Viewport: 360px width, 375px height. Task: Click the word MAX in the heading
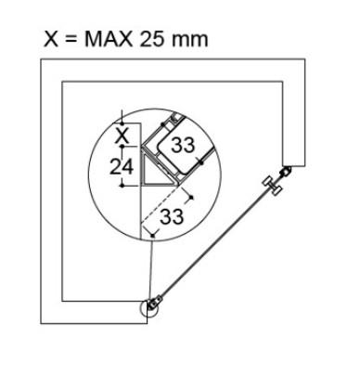point(109,39)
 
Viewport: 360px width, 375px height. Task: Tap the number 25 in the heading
point(151,39)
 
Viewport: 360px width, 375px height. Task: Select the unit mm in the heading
point(189,41)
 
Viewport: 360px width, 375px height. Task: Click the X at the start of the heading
point(51,39)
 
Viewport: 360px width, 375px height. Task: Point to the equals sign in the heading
point(71,40)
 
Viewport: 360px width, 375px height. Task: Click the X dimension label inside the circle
point(122,136)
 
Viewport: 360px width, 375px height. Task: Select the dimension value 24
point(122,167)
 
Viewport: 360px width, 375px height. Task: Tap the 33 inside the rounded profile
point(183,145)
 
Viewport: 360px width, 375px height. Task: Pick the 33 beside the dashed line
point(172,216)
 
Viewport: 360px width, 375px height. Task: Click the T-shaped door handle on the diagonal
point(272,186)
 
